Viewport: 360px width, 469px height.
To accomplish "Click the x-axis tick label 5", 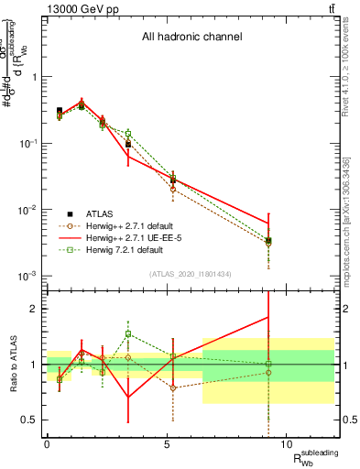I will [x=167, y=444].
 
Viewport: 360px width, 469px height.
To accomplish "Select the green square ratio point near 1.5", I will [x=129, y=334].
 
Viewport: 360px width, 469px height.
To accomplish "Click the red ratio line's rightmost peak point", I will [x=268, y=317].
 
